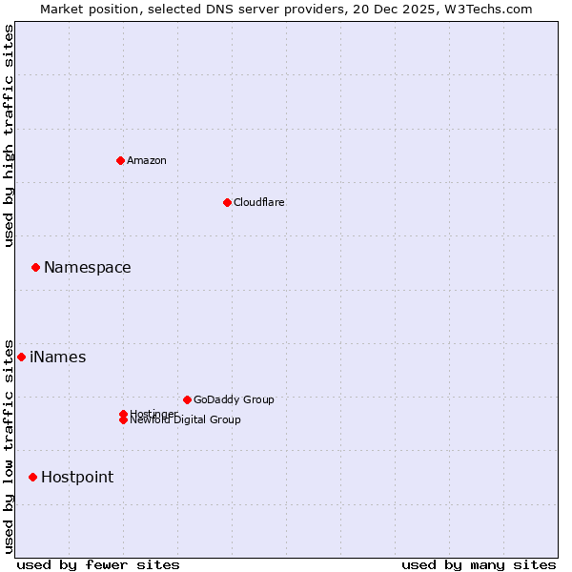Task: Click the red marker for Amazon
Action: tap(120, 160)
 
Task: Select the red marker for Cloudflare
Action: tap(227, 202)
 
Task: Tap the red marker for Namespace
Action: tap(35, 268)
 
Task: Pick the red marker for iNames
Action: tap(21, 357)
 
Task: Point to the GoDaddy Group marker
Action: tap(187, 399)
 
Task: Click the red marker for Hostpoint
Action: tap(32, 477)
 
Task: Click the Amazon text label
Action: tap(146, 160)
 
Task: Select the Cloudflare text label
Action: tap(258, 202)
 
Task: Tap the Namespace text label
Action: tap(87, 268)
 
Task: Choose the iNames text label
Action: tap(57, 357)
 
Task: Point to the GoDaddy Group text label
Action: tap(234, 399)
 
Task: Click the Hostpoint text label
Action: tap(76, 478)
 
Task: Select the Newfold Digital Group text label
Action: tap(185, 420)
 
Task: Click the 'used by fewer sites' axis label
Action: tap(98, 564)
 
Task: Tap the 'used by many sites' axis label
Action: tap(479, 564)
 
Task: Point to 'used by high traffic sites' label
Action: tap(10, 135)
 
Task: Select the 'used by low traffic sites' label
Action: tap(10, 445)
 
